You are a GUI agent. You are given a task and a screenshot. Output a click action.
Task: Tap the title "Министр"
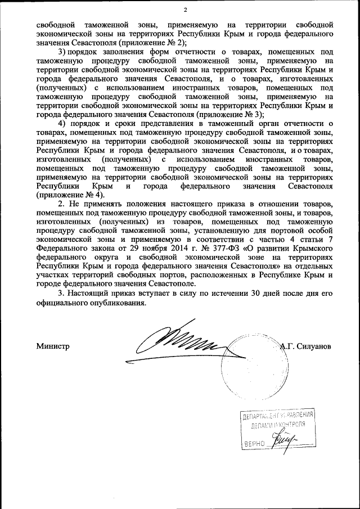[52, 346]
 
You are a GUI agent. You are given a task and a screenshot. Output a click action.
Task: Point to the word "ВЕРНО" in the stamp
[253, 444]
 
